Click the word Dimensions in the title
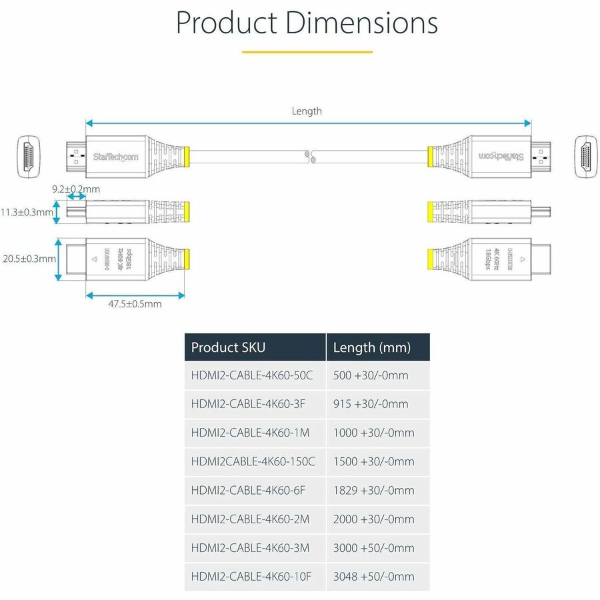(361, 23)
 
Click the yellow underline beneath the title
(307, 51)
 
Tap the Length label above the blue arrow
(307, 111)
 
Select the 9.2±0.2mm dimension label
(76, 189)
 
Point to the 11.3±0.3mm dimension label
(27, 213)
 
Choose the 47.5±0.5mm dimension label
(135, 304)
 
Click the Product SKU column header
(228, 347)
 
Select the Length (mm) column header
(372, 347)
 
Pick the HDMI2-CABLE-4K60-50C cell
(252, 375)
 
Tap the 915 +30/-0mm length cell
(371, 404)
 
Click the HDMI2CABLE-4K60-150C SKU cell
(253, 461)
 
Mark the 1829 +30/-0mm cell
(373, 490)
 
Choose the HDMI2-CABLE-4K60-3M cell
(251, 548)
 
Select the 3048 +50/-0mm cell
(373, 577)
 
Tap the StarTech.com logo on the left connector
(115, 157)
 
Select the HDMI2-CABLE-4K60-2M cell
(251, 519)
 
